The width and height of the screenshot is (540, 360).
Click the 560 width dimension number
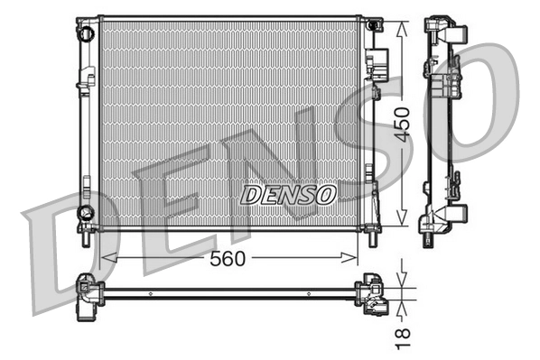click(x=228, y=259)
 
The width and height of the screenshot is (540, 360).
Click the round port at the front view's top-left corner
click(x=86, y=33)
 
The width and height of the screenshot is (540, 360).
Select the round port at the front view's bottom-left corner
click(x=85, y=213)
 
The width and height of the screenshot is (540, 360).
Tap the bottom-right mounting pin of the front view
click(x=374, y=241)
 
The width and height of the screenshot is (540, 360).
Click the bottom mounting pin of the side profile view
click(x=424, y=237)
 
